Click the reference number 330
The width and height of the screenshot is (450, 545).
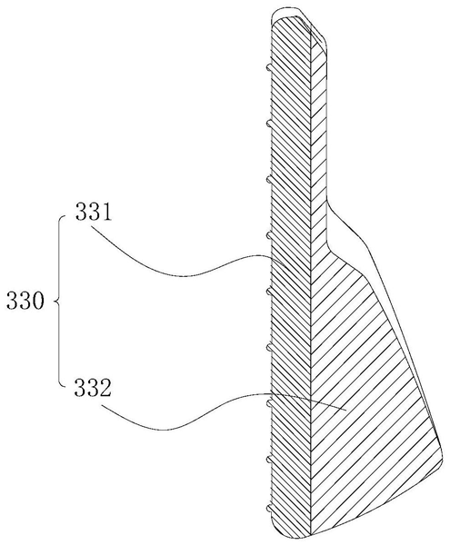pos(25,301)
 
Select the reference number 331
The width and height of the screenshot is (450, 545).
pos(94,212)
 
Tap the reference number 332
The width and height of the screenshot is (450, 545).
pos(93,388)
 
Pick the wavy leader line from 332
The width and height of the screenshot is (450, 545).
pos(209,411)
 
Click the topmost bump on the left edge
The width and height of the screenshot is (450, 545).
pos(269,68)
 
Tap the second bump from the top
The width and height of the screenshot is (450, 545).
pos(269,124)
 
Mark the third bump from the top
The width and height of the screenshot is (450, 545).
pos(269,179)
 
